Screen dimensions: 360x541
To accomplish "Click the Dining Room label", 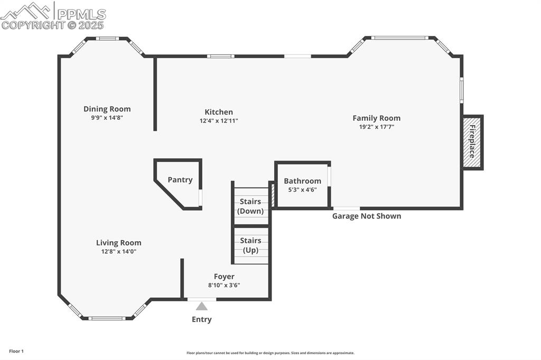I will coord(107,109).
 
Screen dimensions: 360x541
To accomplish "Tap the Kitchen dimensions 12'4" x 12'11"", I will coord(219,121).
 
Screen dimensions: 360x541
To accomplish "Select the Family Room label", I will coord(376,118).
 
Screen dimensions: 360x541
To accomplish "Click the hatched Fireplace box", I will coord(472,142).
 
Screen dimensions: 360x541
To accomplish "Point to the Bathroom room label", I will coord(302,181).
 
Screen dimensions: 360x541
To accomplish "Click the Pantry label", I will coord(180,180).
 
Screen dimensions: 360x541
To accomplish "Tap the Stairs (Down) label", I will coord(250,206).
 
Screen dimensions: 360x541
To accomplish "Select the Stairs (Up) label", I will coord(250,245).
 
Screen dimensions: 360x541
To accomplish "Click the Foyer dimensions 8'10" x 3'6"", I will coord(224,286).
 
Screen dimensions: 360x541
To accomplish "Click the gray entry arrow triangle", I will coord(202,306).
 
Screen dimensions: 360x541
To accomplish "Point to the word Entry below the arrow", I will coord(202,319).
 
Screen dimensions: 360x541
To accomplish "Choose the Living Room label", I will coord(118,243).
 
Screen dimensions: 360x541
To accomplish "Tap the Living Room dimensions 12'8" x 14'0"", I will coord(118,252).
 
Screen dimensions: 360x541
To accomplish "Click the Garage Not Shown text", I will coord(366,216).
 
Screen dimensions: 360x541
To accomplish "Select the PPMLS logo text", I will coord(81,14).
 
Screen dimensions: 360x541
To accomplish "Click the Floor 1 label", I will coord(16,351).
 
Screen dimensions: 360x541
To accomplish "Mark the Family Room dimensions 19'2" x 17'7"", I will coord(376,127).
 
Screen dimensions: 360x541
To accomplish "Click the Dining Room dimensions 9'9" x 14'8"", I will coord(107,118).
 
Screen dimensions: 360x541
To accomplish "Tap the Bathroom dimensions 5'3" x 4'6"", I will coord(302,190).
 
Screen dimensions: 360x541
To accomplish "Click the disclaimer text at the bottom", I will coord(270,353).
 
